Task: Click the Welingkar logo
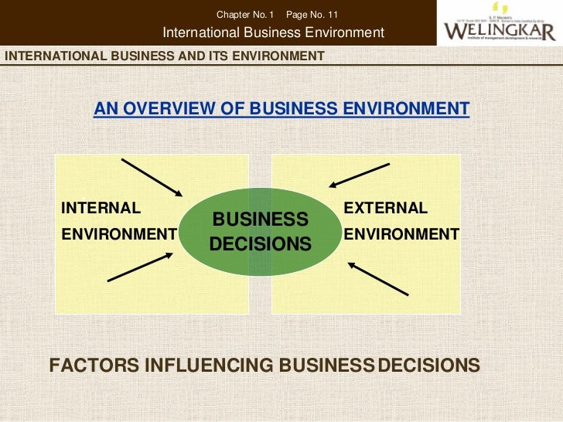click(x=498, y=26)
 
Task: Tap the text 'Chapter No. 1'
click(x=245, y=15)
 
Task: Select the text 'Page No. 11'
click(x=312, y=15)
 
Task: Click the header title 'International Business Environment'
click(x=274, y=32)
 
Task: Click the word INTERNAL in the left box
click(x=101, y=208)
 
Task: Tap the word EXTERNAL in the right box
click(x=385, y=208)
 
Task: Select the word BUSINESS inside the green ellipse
click(x=261, y=219)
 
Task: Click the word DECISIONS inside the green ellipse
click(x=261, y=244)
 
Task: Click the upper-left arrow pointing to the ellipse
click(x=151, y=177)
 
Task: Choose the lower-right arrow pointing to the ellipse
click(x=377, y=278)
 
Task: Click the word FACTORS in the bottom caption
click(x=94, y=365)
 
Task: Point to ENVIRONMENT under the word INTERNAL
click(x=119, y=234)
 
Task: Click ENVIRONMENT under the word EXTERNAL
click(x=401, y=234)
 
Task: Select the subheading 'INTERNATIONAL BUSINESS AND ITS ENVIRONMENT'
click(x=165, y=56)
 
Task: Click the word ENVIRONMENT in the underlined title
click(x=403, y=109)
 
